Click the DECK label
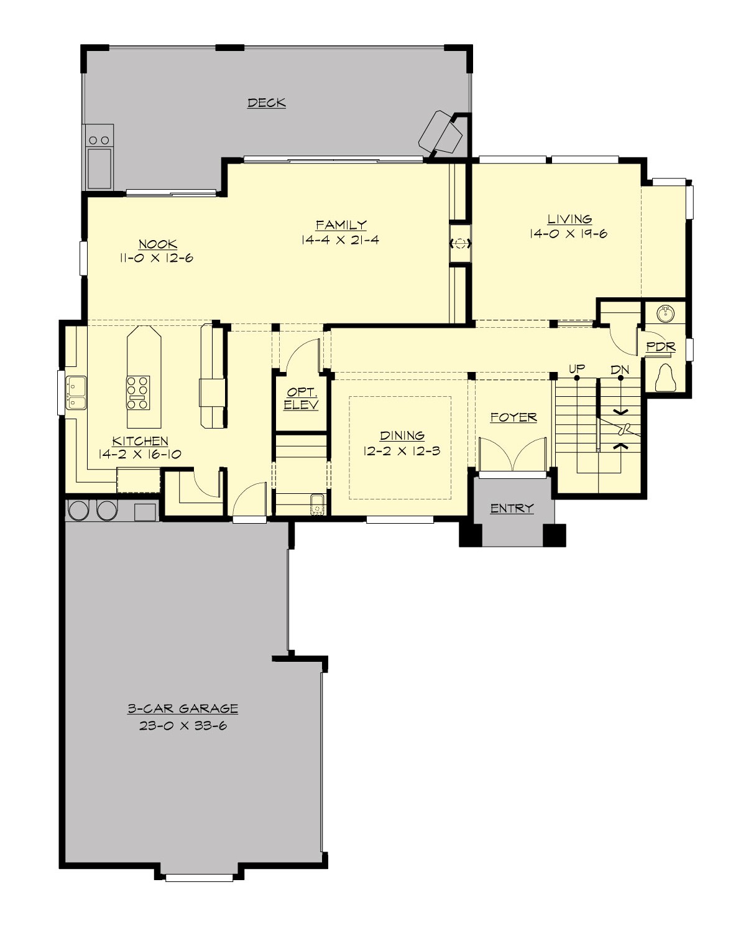click(266, 103)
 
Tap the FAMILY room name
click(341, 225)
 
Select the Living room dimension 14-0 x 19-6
click(568, 234)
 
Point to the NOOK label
click(157, 244)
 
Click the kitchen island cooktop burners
click(138, 393)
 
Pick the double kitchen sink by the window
click(76, 392)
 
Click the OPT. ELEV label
click(302, 399)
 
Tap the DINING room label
click(402, 435)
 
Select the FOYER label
click(513, 417)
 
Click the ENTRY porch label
click(512, 508)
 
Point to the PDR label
click(660, 346)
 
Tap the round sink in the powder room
click(666, 313)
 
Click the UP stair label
click(576, 369)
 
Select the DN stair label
click(619, 369)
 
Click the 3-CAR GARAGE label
click(183, 708)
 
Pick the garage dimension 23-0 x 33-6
click(183, 725)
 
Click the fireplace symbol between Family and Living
click(460, 244)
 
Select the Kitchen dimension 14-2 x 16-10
click(140, 454)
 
